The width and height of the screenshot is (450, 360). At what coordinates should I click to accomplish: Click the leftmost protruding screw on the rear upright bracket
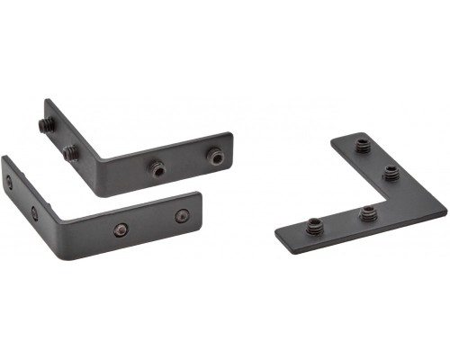pos(43,125)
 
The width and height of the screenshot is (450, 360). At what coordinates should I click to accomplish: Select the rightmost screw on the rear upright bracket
pos(214,157)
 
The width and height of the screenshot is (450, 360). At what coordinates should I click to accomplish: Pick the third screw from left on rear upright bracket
pos(157,167)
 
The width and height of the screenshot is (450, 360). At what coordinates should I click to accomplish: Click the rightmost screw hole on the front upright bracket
pos(181,216)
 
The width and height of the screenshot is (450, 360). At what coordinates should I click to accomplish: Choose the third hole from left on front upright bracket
pos(121,230)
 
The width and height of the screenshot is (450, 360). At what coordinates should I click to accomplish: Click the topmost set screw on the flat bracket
pos(362,144)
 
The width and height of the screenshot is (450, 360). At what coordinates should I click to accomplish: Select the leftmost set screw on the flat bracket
pos(313,226)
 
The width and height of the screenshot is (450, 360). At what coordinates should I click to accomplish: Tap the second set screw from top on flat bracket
pos(390,172)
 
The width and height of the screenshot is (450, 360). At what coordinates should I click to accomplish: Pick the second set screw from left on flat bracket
pos(367,213)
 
